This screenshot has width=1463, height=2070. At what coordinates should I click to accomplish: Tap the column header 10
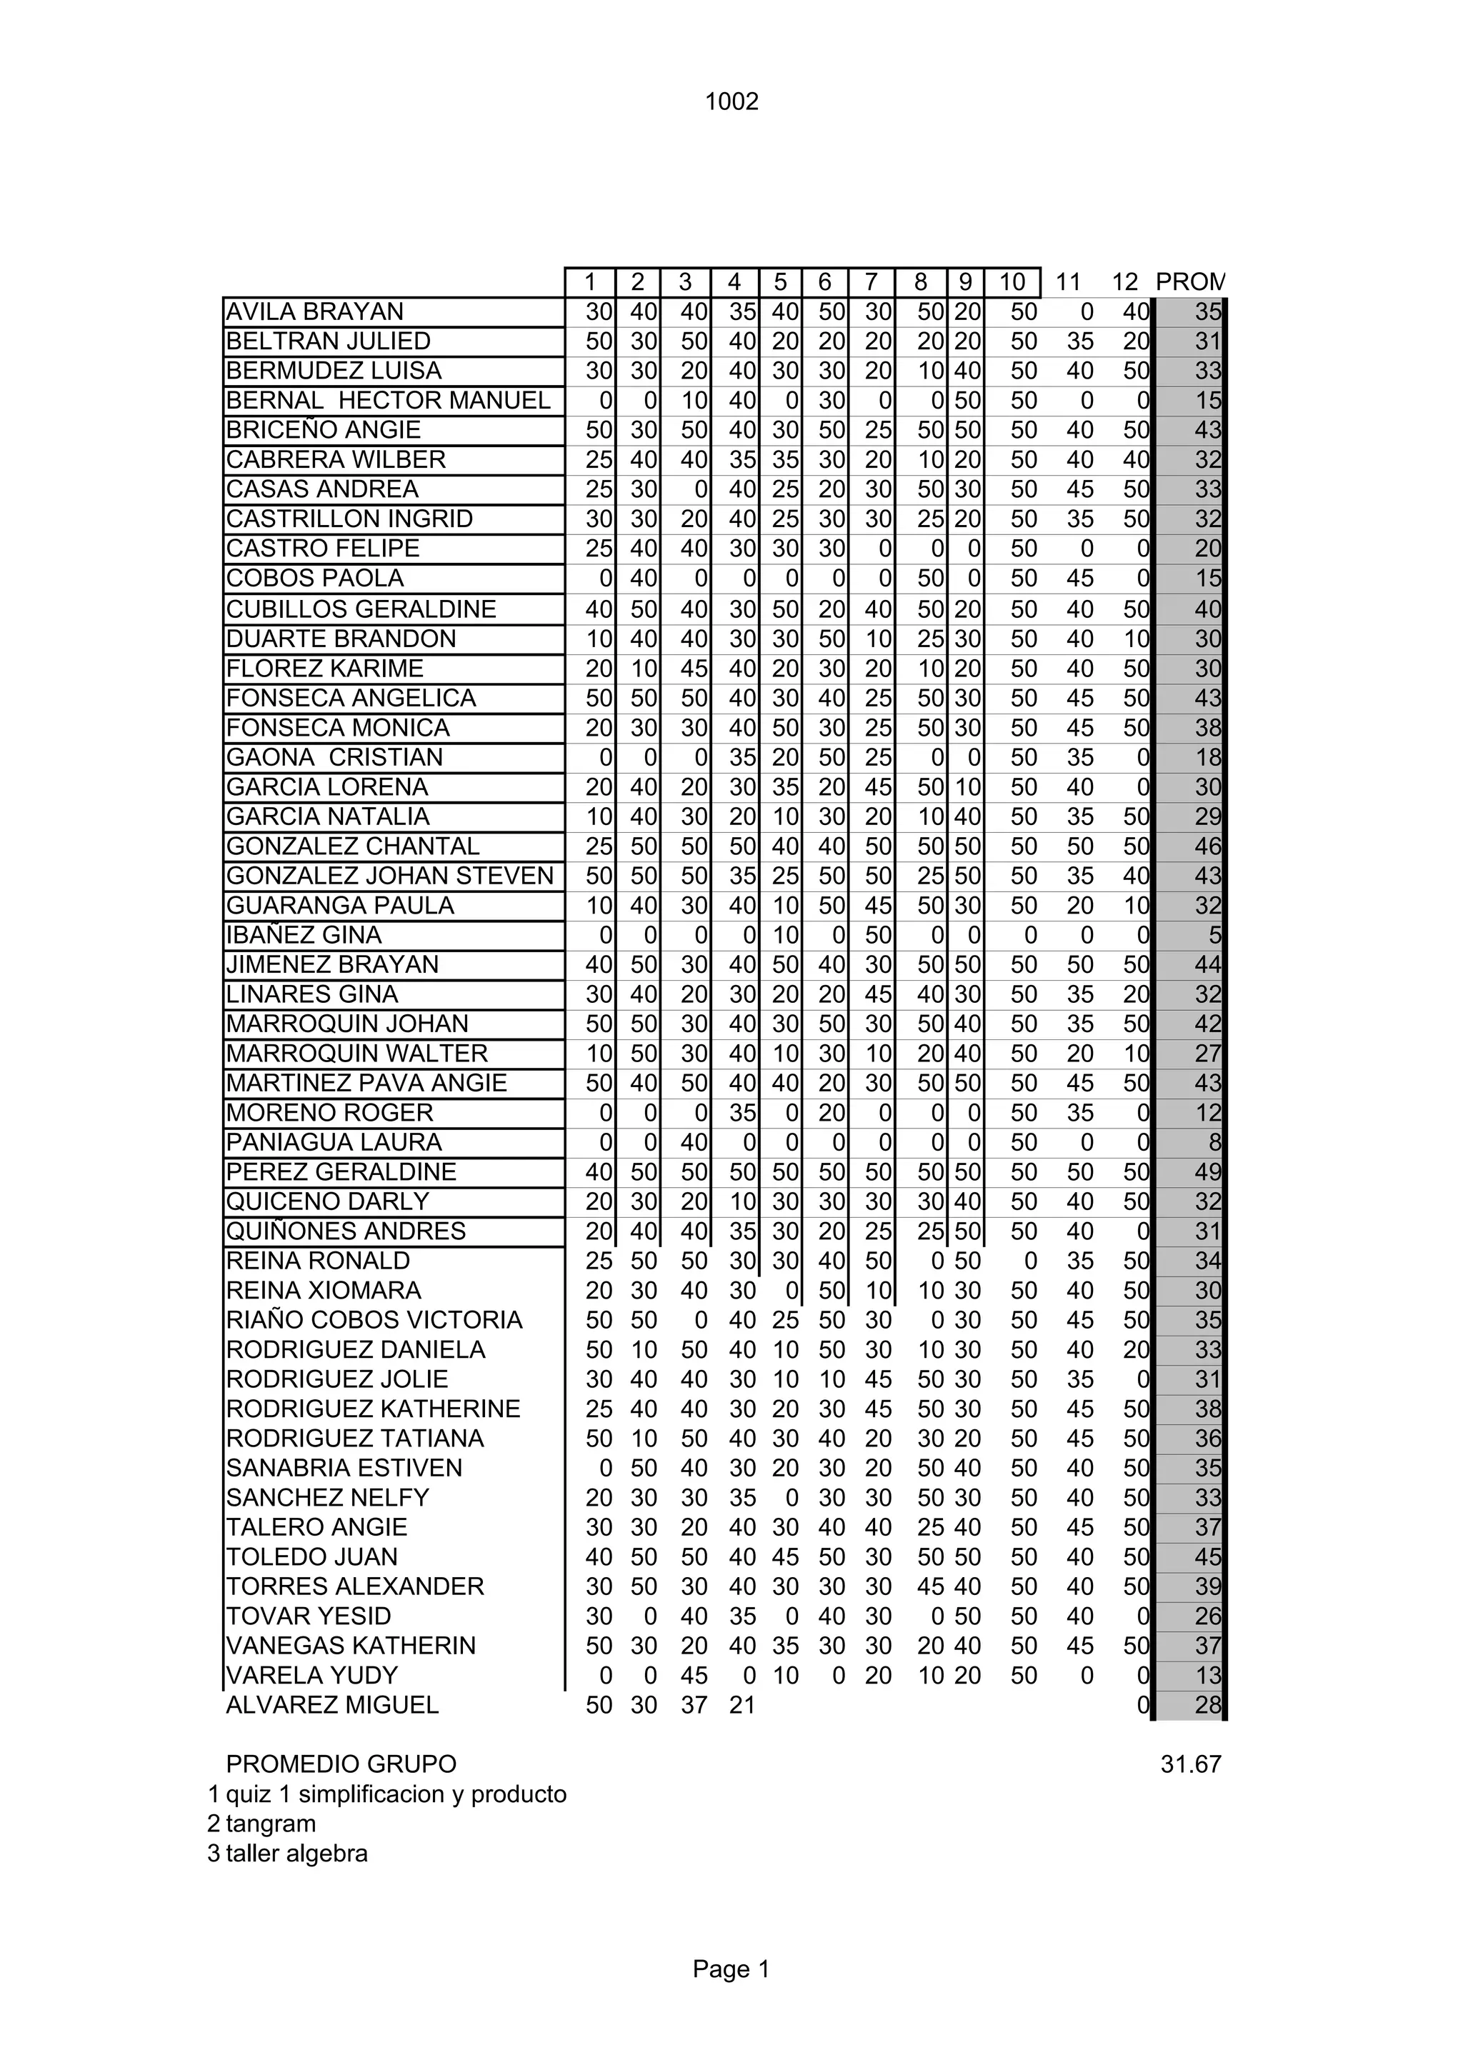(x=1012, y=282)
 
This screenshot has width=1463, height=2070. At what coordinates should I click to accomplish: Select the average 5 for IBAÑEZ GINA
(x=1213, y=935)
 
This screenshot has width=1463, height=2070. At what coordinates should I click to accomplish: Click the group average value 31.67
(x=1190, y=1764)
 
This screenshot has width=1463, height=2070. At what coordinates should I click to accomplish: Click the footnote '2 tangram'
(x=261, y=1824)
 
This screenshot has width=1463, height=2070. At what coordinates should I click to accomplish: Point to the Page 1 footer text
(x=731, y=1969)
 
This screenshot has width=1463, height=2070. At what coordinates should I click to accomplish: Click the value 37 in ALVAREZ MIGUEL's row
(x=693, y=1705)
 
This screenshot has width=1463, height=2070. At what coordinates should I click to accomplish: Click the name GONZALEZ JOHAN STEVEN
(x=389, y=876)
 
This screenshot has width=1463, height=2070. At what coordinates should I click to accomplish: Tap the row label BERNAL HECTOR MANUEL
(x=388, y=400)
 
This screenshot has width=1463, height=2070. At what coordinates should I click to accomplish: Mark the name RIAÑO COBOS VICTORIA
(x=374, y=1320)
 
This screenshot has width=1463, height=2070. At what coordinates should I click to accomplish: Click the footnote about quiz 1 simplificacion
(x=386, y=1794)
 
